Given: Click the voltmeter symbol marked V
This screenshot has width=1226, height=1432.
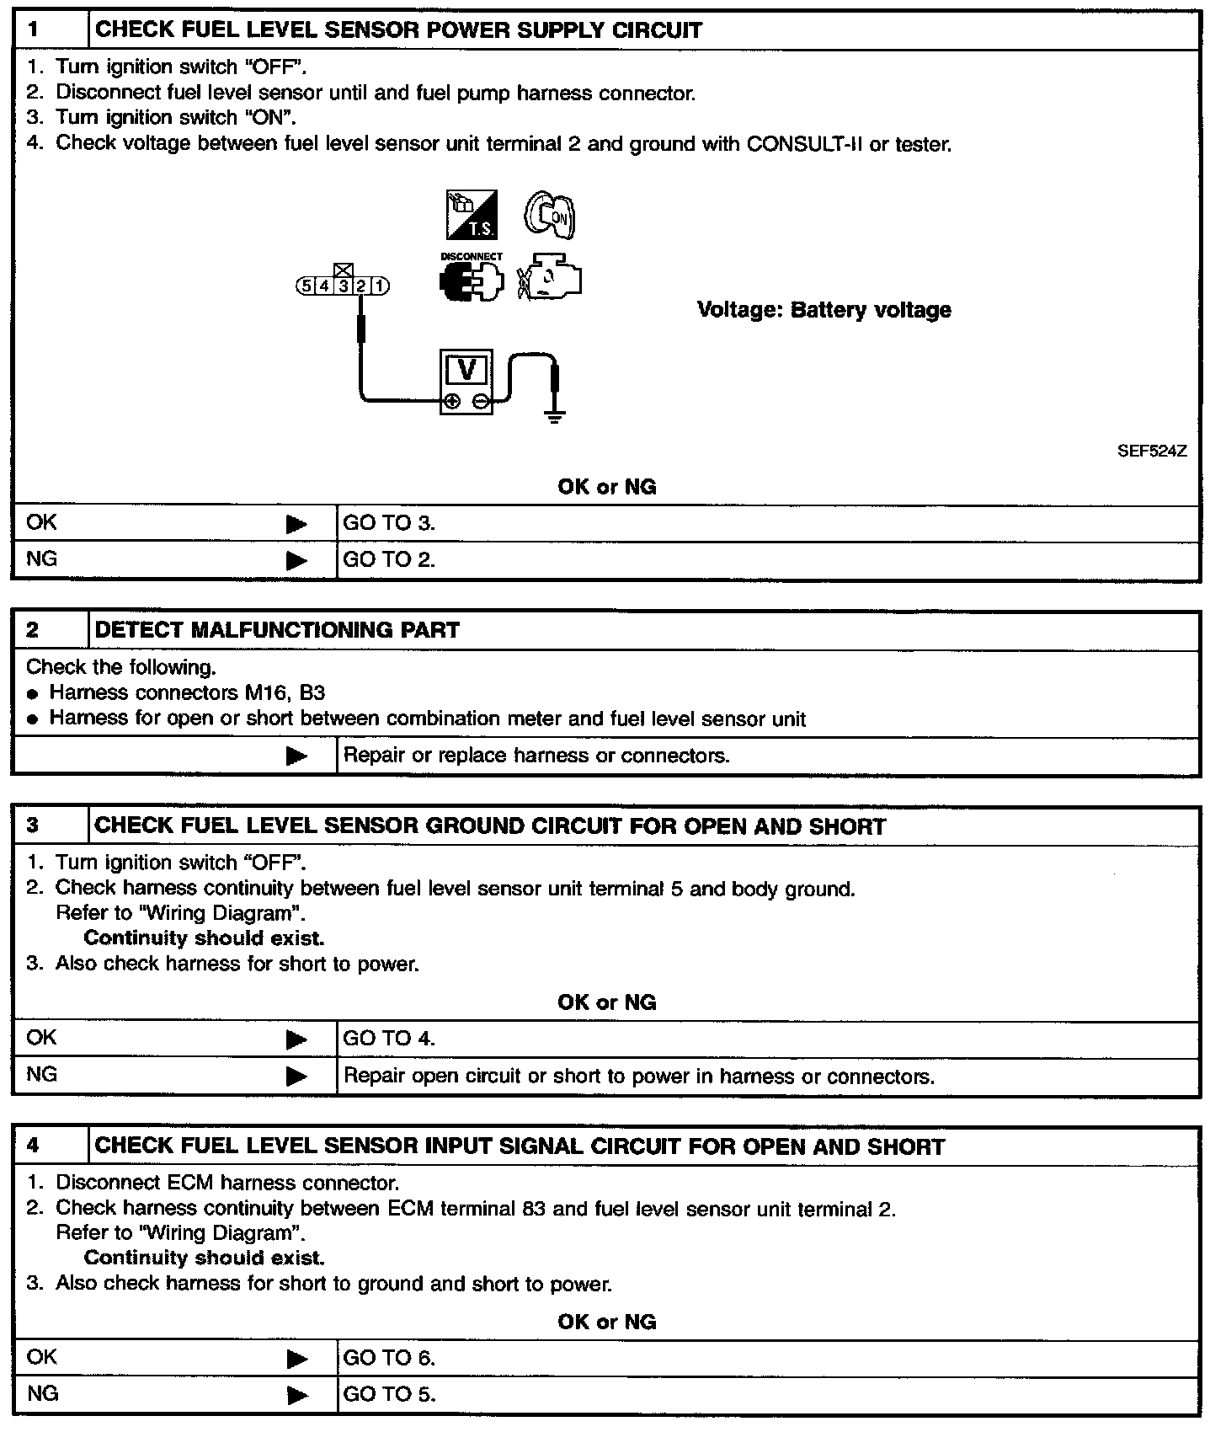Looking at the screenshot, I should pos(466,382).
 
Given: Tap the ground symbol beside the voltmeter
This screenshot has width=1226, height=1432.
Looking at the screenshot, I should pos(554,414).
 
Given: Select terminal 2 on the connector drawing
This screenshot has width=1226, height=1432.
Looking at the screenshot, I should pos(361,286).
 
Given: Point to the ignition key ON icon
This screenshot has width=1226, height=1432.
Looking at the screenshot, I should pos(550,215).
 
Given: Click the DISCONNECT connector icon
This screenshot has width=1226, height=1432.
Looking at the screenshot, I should pos(471,280).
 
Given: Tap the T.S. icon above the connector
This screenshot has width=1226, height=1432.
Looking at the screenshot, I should pos(471,215).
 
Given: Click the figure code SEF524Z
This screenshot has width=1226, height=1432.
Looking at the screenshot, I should pos(1152,452).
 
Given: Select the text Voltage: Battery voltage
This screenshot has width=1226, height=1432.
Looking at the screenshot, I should pos(824,310).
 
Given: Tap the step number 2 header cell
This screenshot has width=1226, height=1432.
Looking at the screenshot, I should pos(51,630).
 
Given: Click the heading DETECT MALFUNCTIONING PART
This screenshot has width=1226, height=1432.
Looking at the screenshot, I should pos(277,630).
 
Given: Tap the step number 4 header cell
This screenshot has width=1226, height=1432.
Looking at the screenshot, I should pos(51,1146).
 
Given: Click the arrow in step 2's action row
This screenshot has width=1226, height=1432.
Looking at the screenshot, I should pos(296,756).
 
